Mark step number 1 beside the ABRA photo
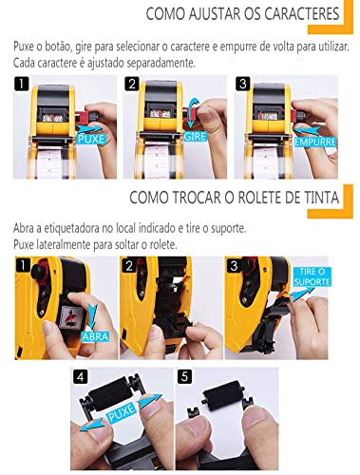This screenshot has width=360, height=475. click(23, 264)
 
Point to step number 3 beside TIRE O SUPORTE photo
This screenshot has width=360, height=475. click(233, 264)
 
